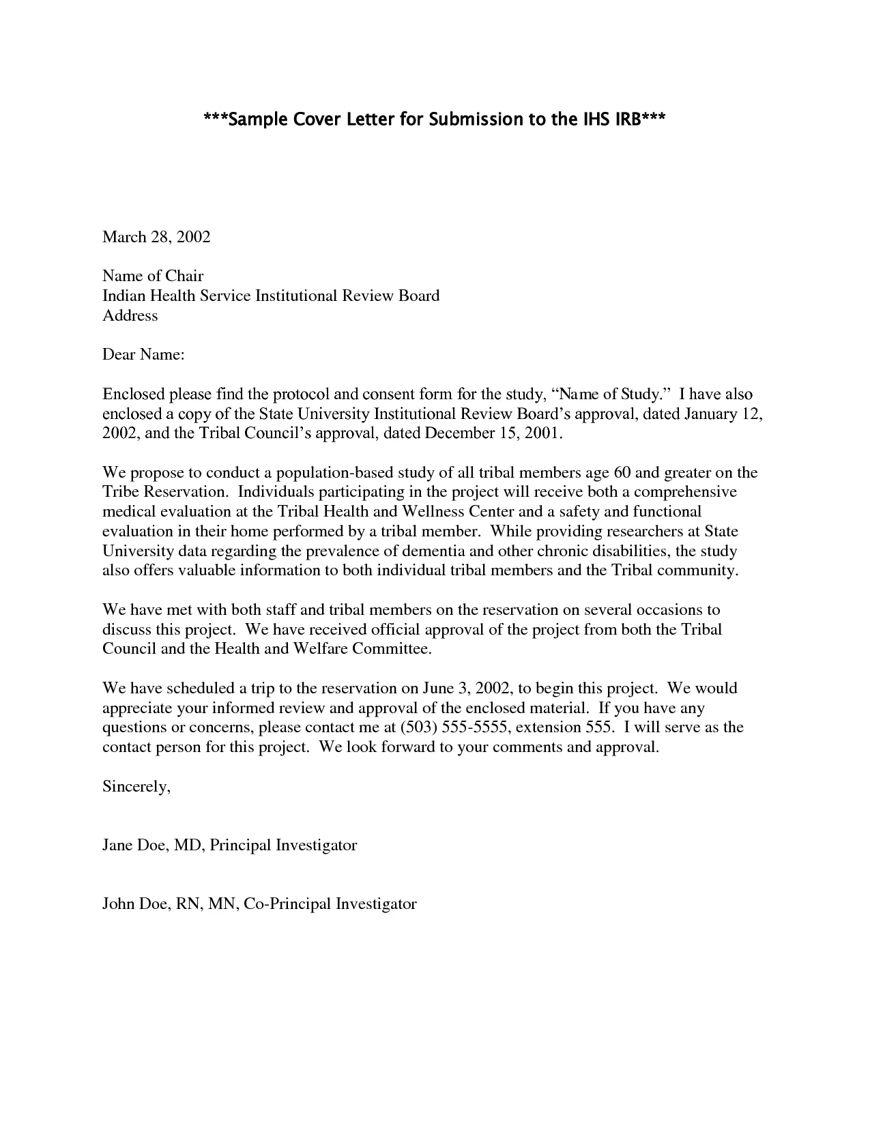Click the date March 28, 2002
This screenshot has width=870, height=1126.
(156, 237)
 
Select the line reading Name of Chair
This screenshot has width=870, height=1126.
(153, 276)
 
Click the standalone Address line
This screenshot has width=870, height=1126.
(130, 315)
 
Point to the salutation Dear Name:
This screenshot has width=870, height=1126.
(143, 355)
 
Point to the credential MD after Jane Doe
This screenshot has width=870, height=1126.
(186, 845)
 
